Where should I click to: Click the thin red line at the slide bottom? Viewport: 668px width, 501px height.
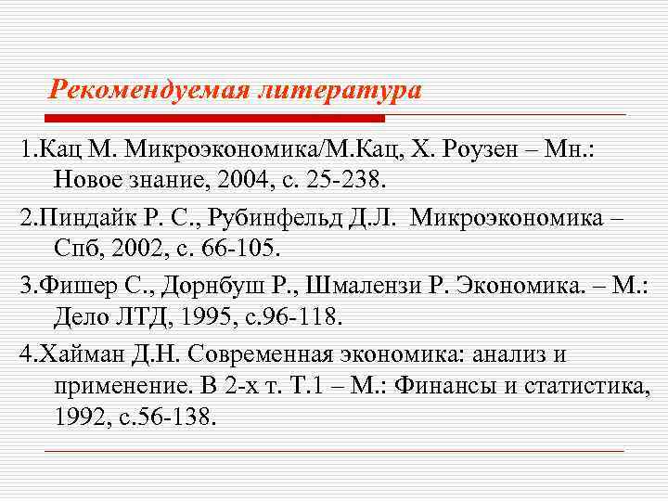coord(334,450)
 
